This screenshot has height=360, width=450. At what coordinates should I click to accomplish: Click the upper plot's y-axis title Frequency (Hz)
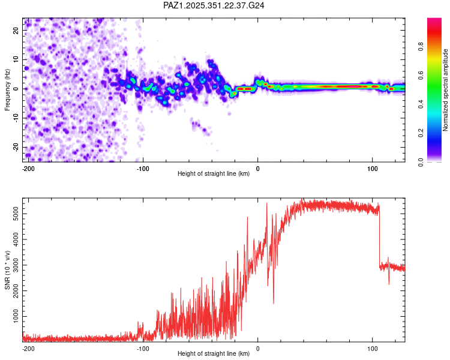pyautogui.click(x=8, y=90)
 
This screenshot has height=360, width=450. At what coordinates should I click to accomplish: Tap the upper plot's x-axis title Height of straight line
pyautogui.click(x=214, y=174)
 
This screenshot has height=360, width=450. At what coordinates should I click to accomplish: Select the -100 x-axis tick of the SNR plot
pyautogui.click(x=143, y=348)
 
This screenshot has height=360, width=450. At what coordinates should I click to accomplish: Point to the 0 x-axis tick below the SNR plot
pyautogui.click(x=257, y=348)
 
